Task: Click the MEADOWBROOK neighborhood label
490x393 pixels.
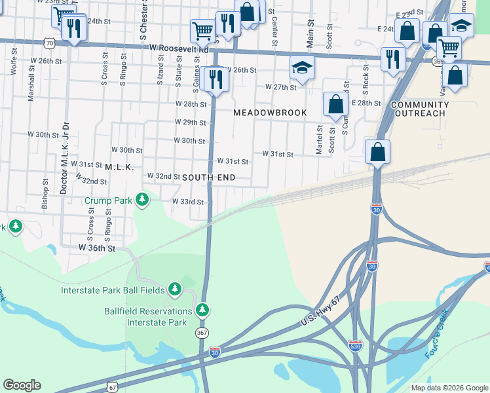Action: pyautogui.click(x=271, y=113)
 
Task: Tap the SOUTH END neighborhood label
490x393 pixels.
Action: pyautogui.click(x=208, y=178)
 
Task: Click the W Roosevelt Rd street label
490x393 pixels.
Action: pyautogui.click(x=179, y=48)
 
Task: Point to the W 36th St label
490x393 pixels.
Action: pyautogui.click(x=97, y=248)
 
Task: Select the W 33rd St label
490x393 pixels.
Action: pyautogui.click(x=188, y=202)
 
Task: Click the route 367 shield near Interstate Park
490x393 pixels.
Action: pyautogui.click(x=202, y=333)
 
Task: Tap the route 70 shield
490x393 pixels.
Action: pyautogui.click(x=48, y=43)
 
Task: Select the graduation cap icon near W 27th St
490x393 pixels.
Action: pyautogui.click(x=303, y=67)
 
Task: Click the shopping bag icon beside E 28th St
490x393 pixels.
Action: pyautogui.click(x=335, y=103)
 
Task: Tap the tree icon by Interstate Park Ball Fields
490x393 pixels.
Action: pyautogui.click(x=174, y=289)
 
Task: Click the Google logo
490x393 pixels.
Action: pyautogui.click(x=22, y=385)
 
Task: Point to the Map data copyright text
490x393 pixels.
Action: pyautogui.click(x=449, y=388)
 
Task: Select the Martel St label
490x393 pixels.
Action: pyautogui.click(x=320, y=140)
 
